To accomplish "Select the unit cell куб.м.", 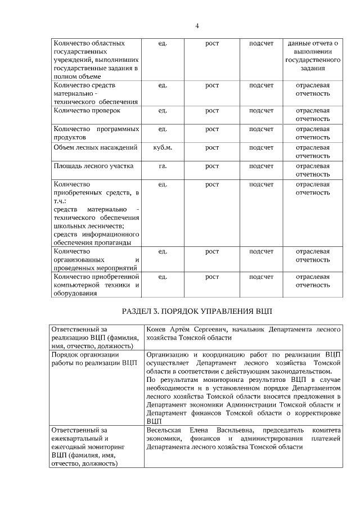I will pyautogui.click(x=163, y=148).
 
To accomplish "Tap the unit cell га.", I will pyautogui.click(x=163, y=166).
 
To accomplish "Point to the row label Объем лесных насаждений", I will pyautogui.click(x=95, y=148).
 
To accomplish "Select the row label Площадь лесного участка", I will pyautogui.click(x=93, y=166).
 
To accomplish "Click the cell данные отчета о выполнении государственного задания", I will pyautogui.click(x=312, y=55).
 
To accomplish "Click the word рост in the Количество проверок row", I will pyautogui.click(x=212, y=111).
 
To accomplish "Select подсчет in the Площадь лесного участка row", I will pyautogui.click(x=261, y=166).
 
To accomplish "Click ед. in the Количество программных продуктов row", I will pyautogui.click(x=163, y=129).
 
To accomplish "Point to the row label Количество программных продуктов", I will pyautogui.click(x=96, y=133).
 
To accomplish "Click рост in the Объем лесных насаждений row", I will pyautogui.click(x=212, y=148).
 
